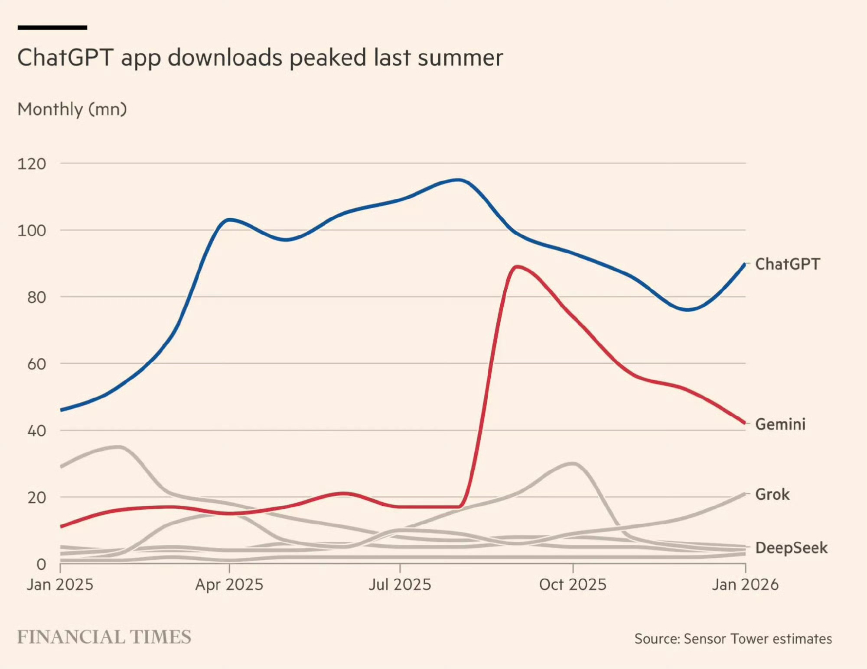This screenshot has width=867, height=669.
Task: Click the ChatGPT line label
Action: tap(787, 264)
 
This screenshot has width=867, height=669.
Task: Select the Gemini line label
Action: tap(780, 424)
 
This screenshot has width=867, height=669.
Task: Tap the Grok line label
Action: tap(772, 494)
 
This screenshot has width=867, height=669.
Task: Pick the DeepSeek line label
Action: tap(791, 548)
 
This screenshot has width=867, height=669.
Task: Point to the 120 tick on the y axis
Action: tap(32, 164)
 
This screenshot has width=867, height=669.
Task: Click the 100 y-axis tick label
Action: tap(32, 230)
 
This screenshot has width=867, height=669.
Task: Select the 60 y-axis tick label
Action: tap(36, 364)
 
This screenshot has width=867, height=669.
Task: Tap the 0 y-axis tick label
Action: tap(41, 564)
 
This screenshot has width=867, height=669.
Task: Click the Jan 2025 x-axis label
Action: tap(60, 585)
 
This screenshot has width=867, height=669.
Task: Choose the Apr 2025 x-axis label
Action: tap(229, 585)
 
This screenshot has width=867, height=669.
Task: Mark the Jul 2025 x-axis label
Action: tap(400, 585)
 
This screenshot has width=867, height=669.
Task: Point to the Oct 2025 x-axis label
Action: tap(572, 585)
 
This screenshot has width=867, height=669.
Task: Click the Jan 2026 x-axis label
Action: tap(745, 585)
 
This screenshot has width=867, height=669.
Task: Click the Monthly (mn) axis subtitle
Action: tap(72, 109)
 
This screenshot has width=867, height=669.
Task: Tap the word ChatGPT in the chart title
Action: tap(65, 58)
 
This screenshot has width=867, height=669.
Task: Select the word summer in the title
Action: tap(460, 58)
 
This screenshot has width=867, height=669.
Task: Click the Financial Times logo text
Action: tap(104, 637)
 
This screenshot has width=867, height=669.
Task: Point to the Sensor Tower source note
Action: tap(733, 639)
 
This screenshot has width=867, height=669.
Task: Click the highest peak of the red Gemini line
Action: tap(516, 267)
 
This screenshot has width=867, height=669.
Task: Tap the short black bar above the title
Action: tap(52, 28)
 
